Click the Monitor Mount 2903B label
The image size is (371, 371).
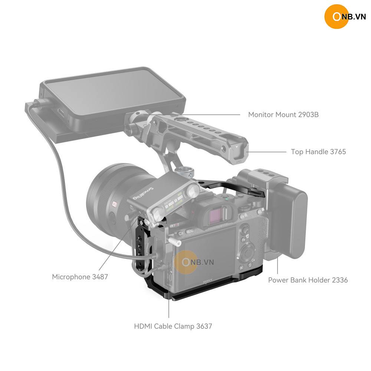tap(283, 115)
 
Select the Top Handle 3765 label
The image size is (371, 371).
tap(318, 152)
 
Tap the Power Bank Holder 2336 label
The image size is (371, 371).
tap(308, 280)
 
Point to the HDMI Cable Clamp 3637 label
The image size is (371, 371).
tap(173, 326)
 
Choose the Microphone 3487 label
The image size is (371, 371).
tap(80, 277)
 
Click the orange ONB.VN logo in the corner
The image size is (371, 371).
tap(345, 17)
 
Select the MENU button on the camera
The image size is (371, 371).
tap(190, 231)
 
